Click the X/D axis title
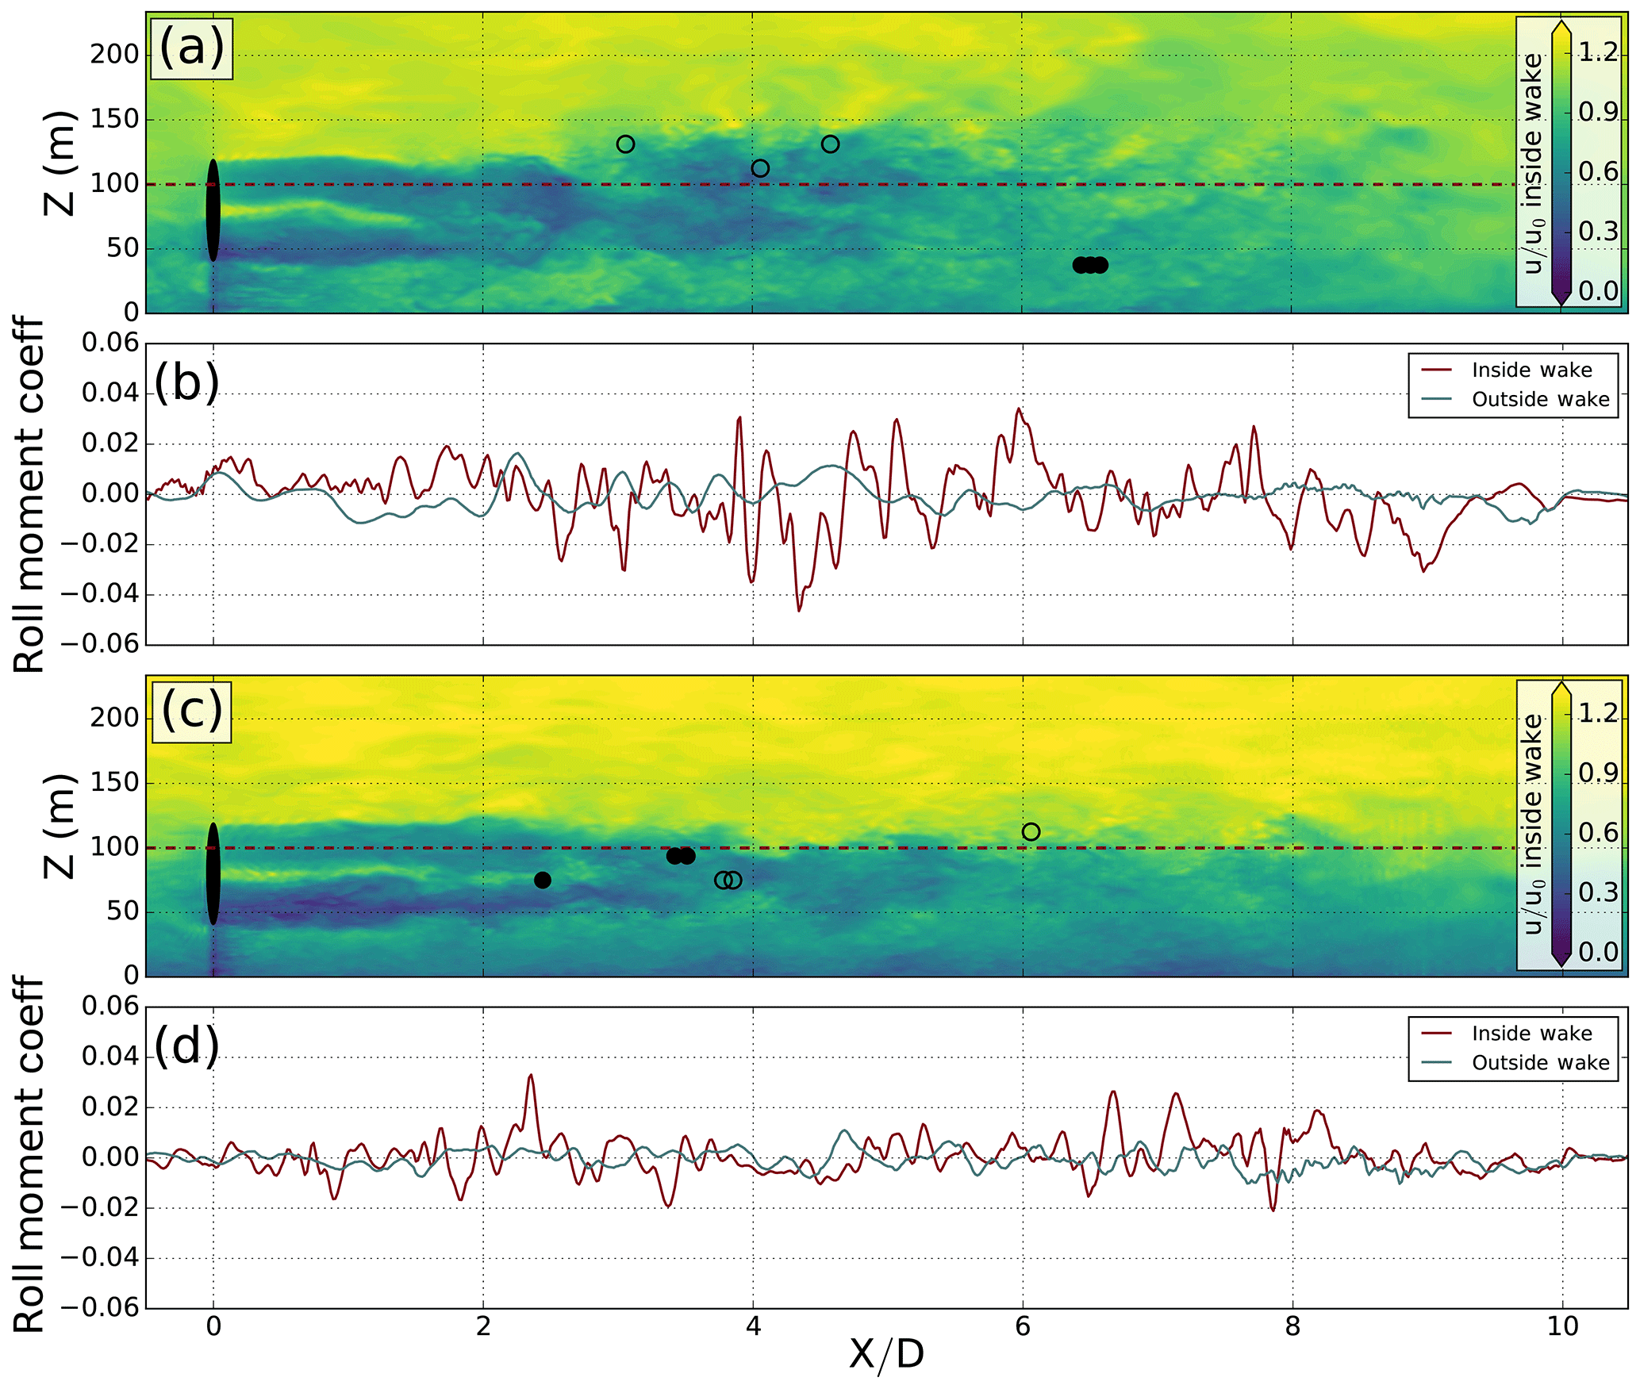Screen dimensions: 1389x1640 pos(886,1354)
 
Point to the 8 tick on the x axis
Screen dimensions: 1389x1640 pos(1292,1326)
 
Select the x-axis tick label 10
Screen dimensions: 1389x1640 pos(1562,1326)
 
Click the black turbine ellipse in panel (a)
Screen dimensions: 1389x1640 pos(213,210)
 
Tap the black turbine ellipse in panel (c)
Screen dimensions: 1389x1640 pos(213,873)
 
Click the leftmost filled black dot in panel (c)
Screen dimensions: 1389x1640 pos(543,880)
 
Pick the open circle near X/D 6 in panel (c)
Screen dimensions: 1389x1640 pos(1031,831)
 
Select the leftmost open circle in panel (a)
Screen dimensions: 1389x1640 pos(625,144)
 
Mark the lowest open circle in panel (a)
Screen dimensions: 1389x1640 pos(760,168)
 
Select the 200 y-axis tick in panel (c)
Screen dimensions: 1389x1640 pos(114,718)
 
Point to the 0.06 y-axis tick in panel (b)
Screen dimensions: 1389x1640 pos(110,343)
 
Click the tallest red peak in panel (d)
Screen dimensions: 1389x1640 pos(530,1076)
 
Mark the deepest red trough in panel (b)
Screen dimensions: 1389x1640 pos(799,610)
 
